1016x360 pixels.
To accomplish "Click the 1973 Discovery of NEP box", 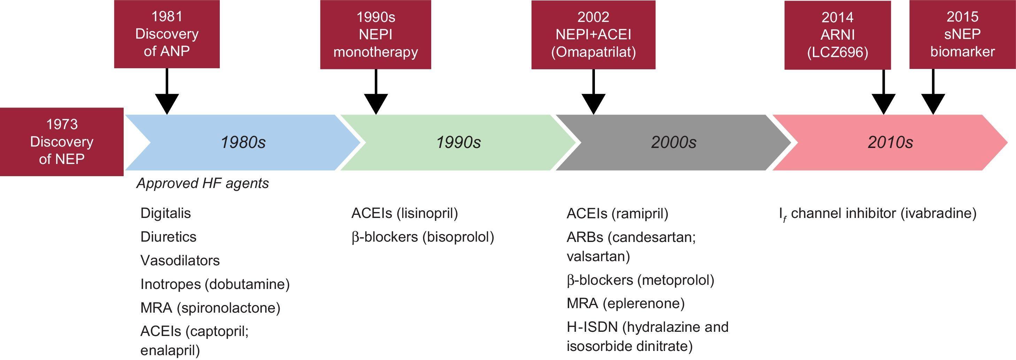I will [62, 142].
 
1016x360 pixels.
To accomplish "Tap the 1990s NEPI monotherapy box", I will [375, 34].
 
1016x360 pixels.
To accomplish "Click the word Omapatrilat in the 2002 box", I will [593, 52].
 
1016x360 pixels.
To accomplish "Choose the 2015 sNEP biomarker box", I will [962, 34].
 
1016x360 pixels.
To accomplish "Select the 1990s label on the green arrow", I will [458, 142].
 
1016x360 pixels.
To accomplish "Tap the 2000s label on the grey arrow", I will [674, 142].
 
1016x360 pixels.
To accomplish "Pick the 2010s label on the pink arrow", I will [890, 142].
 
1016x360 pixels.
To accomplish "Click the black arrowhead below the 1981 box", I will [167, 104].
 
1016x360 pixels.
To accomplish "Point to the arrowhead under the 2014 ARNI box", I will [884, 104].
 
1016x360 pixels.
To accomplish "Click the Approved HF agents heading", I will [202, 183].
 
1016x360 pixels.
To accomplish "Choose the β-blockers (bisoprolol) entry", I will [422, 237].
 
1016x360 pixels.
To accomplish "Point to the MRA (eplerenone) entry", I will [626, 303].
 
